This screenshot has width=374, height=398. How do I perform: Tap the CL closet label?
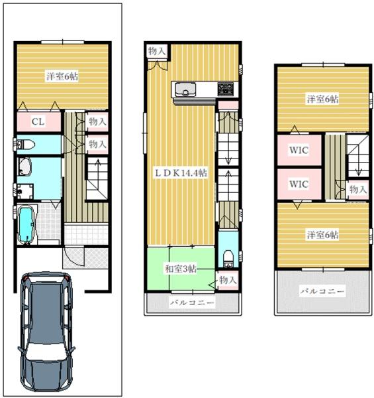point(38,122)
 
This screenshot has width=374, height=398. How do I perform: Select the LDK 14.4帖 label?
point(181,173)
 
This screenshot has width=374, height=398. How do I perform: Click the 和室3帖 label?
point(181,269)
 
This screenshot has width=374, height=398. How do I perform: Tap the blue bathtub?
point(26,225)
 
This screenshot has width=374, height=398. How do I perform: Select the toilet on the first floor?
point(25,145)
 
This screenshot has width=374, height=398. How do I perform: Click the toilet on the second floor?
point(228,259)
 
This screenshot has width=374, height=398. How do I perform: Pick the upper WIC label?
point(299,150)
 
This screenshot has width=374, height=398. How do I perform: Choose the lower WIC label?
point(299,184)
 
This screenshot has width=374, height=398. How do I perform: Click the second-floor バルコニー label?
point(192,303)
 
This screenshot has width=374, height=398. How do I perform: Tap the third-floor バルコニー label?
point(322,291)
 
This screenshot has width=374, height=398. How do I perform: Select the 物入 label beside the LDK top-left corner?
point(157,51)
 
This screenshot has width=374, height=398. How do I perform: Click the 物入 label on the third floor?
point(358,189)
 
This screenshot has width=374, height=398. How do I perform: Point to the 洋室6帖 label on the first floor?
point(62,76)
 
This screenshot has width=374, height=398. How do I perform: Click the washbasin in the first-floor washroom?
point(24,166)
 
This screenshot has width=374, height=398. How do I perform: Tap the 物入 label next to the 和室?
point(228,280)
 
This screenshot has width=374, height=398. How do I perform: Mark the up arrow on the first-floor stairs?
point(98,170)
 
